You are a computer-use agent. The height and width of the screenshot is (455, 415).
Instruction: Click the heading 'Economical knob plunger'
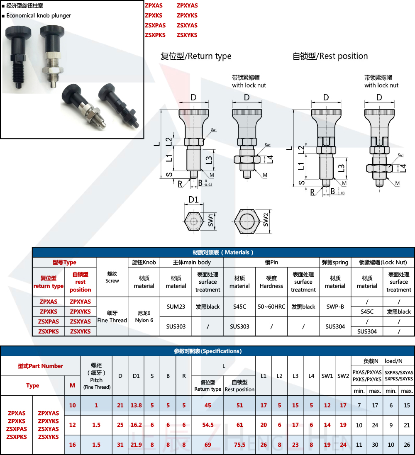click(39, 16)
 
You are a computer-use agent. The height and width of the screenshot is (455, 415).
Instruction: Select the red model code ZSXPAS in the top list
click(155, 25)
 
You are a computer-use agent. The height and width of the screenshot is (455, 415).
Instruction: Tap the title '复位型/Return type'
click(196, 56)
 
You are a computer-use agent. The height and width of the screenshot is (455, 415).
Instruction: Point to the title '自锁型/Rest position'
click(330, 56)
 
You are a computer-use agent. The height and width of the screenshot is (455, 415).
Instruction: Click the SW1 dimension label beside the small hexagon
click(211, 220)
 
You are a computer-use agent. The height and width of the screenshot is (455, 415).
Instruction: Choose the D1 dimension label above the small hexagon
click(193, 200)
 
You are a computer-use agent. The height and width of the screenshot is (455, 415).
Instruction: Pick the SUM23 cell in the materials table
click(176, 307)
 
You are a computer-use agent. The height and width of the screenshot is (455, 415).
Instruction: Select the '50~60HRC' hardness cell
click(271, 307)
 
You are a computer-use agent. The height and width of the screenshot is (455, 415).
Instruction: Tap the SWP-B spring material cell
click(335, 307)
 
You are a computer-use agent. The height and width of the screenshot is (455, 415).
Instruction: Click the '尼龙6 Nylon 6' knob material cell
click(144, 316)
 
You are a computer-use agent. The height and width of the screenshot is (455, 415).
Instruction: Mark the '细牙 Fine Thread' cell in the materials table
click(112, 316)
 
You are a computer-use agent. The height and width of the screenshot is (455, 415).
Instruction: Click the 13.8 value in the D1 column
click(136, 405)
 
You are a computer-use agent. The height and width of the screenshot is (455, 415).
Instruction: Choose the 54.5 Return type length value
click(207, 425)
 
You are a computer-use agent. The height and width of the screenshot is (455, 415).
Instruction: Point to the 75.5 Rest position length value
click(239, 445)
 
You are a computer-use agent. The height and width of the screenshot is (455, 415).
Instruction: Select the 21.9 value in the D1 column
click(136, 445)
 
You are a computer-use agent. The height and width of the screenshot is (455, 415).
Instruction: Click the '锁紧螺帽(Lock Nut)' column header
click(383, 262)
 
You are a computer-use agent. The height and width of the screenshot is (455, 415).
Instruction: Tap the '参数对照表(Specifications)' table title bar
click(207, 351)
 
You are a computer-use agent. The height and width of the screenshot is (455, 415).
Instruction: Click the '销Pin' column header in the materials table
click(271, 262)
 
